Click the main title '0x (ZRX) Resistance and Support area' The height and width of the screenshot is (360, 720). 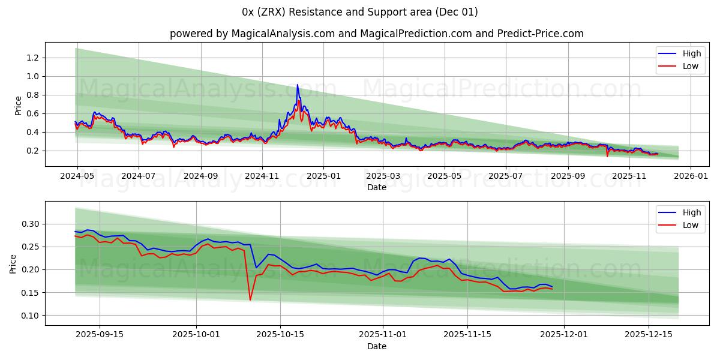[360, 12]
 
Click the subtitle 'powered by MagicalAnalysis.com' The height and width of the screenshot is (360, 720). [252, 34]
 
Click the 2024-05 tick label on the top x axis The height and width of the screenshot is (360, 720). [77, 176]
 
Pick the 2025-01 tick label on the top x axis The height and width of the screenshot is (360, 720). [323, 176]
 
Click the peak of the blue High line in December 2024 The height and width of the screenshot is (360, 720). [297, 85]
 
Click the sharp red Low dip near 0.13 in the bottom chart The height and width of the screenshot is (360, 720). [250, 299]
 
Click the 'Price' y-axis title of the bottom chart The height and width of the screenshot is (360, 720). [13, 263]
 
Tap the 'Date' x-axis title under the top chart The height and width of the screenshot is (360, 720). [377, 187]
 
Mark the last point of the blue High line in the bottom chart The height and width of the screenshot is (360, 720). [552, 287]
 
